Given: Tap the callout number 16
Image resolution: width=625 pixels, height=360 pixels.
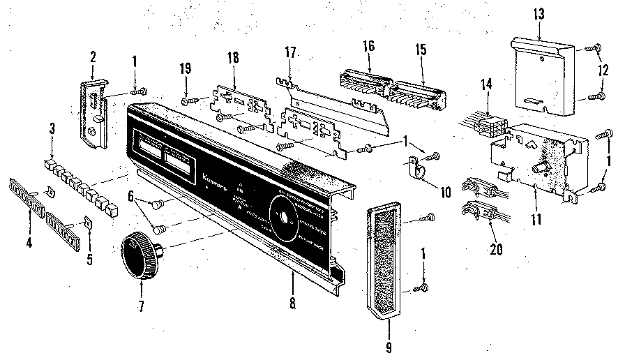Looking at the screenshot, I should coord(368,46).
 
